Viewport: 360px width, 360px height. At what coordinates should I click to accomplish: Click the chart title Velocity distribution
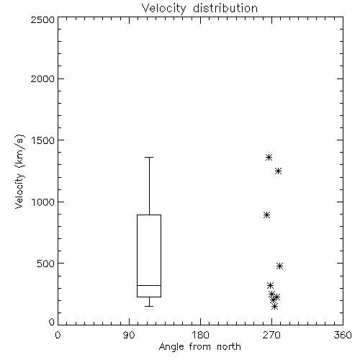click(199, 8)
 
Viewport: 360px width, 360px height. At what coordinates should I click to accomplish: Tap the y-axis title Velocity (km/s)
click(19, 171)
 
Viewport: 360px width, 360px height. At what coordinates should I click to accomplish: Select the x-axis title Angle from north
click(199, 347)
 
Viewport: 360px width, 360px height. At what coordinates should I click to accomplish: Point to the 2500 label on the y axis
click(42, 19)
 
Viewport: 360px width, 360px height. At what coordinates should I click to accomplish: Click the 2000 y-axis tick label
click(42, 78)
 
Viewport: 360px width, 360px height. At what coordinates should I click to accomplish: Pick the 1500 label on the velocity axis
click(43, 140)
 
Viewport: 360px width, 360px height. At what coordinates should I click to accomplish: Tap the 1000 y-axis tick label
click(43, 202)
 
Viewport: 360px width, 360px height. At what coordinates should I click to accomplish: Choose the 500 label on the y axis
click(46, 264)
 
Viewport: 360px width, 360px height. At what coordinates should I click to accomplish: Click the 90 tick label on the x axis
click(129, 335)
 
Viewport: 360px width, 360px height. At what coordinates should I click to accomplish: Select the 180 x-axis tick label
click(199, 335)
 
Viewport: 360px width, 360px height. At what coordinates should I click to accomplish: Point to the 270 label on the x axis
click(271, 335)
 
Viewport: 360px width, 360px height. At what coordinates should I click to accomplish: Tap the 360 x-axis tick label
click(343, 335)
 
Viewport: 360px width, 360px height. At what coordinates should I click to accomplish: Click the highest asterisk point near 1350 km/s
click(269, 158)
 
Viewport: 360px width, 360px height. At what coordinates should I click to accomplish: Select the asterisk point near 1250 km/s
click(278, 171)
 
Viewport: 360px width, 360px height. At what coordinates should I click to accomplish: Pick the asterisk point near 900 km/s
click(266, 215)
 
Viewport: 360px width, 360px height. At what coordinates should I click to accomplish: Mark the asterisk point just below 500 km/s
click(279, 266)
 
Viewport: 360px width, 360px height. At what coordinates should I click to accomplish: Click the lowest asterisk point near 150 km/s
click(275, 306)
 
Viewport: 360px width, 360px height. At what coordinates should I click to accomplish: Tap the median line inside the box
click(149, 285)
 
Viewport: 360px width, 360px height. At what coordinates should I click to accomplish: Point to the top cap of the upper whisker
click(149, 158)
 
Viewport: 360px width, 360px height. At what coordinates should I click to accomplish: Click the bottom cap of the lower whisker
click(149, 306)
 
